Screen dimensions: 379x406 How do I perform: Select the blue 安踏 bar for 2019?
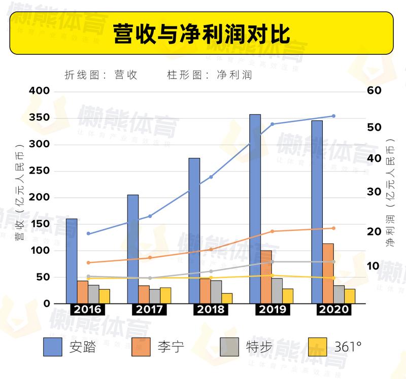(x=255, y=209)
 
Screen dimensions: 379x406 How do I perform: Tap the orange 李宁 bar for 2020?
(x=328, y=273)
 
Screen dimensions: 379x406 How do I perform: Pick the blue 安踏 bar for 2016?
(x=72, y=261)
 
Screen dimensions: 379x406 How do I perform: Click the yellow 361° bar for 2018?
(x=227, y=298)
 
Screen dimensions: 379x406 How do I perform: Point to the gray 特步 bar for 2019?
(x=277, y=291)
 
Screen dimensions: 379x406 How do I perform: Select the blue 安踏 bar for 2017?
(x=133, y=249)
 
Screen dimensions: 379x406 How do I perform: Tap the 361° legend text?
(x=348, y=348)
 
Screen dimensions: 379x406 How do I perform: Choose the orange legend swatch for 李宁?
(x=142, y=347)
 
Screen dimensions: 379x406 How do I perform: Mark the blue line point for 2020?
(x=333, y=116)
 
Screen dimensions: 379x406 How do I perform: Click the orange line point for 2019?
(x=272, y=231)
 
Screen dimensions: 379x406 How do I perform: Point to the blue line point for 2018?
(x=211, y=177)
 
